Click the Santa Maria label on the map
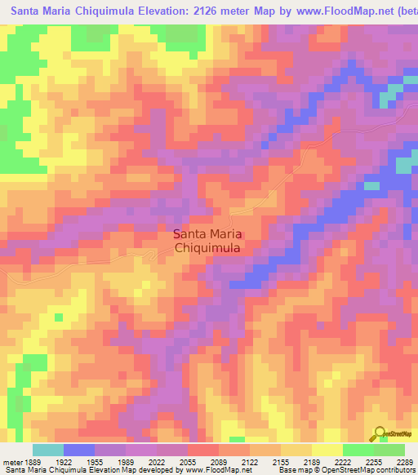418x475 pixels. tap(207, 233)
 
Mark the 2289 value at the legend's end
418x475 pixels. tap(402, 461)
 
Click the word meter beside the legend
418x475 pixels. tap(11, 461)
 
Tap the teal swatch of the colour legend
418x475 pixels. tap(48, 450)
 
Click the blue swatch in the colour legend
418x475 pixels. tap(79, 450)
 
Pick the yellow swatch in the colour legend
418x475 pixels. tap(327, 450)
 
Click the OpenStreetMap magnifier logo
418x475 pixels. tap(379, 433)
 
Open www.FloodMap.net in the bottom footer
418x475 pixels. tap(221, 470)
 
